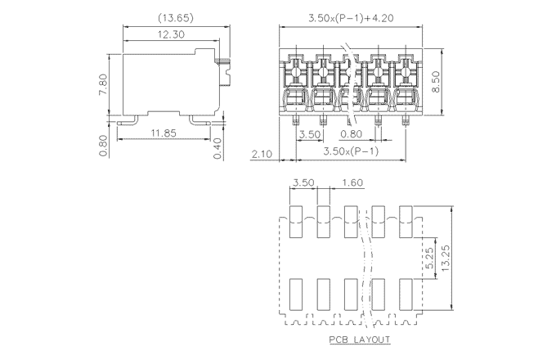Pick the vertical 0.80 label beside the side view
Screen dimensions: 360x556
tap(102, 145)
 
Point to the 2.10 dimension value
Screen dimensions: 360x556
tap(262, 153)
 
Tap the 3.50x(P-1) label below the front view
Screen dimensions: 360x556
tap(349, 151)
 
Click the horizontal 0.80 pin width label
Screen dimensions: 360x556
tap(351, 133)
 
